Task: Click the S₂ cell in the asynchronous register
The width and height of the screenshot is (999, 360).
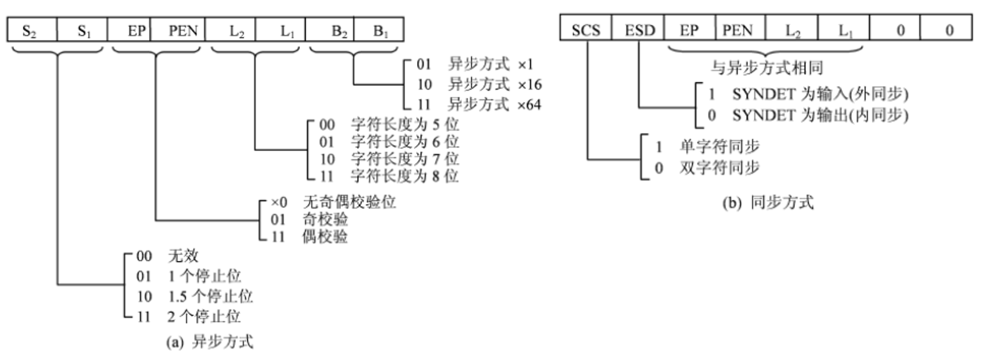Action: pyautogui.click(x=32, y=29)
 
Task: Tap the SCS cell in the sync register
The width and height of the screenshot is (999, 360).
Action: pyautogui.click(x=586, y=28)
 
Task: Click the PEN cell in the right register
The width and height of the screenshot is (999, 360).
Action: pyautogui.click(x=740, y=28)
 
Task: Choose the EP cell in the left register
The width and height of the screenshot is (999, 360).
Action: pyautogui.click(x=129, y=29)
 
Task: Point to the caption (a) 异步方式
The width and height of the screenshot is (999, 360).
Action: pyautogui.click(x=210, y=342)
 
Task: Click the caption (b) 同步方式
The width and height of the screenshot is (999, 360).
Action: pyautogui.click(x=768, y=202)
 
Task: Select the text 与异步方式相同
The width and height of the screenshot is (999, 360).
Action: pyautogui.click(x=767, y=67)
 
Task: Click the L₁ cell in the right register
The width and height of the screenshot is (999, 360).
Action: pyautogui.click(x=844, y=28)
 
